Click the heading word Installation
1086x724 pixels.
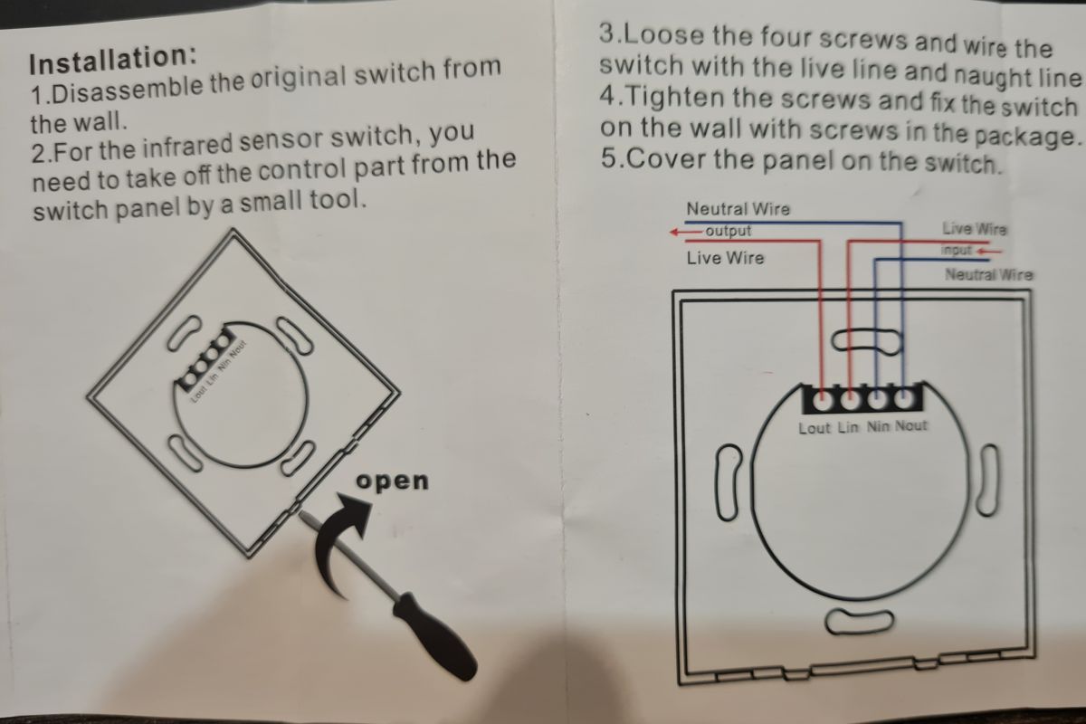point(112,59)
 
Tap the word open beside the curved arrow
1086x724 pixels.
point(392,481)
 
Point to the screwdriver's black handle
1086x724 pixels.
point(434,636)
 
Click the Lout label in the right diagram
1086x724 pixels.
point(814,428)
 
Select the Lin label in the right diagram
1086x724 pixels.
point(848,428)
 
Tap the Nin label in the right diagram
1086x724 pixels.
point(878,427)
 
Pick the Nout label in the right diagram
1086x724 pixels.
point(911,425)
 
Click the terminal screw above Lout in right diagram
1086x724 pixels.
point(822,402)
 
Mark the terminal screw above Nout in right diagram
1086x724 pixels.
point(903,401)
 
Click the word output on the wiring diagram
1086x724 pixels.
point(729,231)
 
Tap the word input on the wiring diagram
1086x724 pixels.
point(957,250)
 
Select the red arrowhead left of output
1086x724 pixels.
point(675,233)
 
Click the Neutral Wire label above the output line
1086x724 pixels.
point(738,209)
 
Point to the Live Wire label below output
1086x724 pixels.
point(725,258)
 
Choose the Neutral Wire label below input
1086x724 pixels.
point(988,274)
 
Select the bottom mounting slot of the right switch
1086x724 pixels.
point(860,622)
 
